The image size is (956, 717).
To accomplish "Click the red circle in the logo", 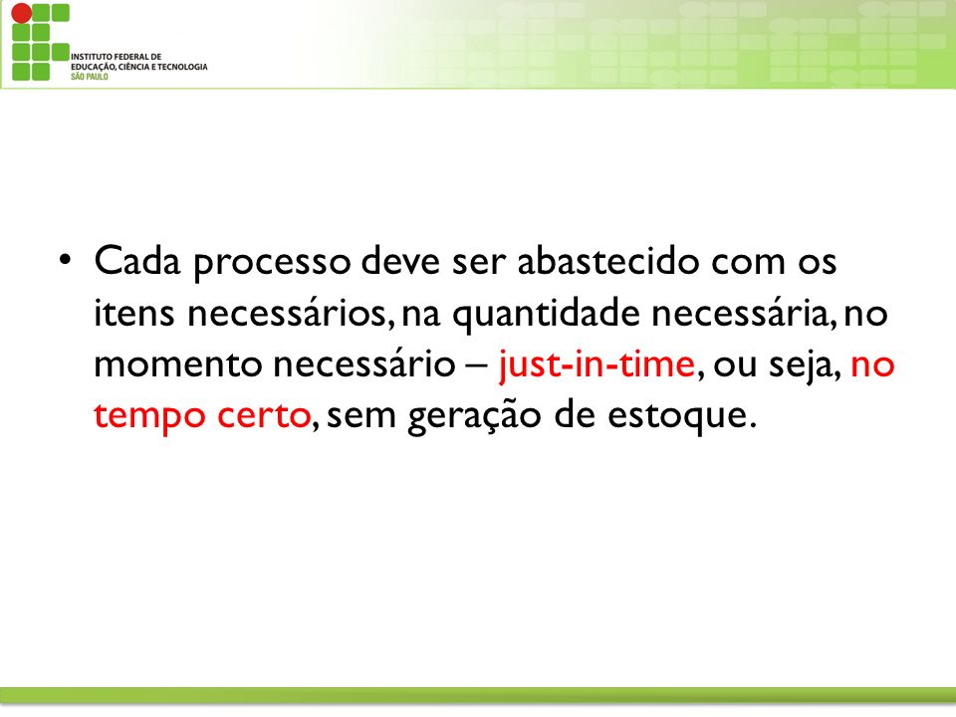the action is [21, 13].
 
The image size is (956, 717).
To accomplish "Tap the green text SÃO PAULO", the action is [89, 77].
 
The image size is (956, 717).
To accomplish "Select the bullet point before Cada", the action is [66, 260].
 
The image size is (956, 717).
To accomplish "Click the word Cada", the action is [137, 260].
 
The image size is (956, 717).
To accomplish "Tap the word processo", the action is [273, 263].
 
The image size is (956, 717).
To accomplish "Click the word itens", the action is [134, 313].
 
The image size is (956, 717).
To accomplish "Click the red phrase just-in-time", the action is [597, 364].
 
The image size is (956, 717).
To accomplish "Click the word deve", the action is [400, 260].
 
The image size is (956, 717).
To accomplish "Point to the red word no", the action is [872, 365].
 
